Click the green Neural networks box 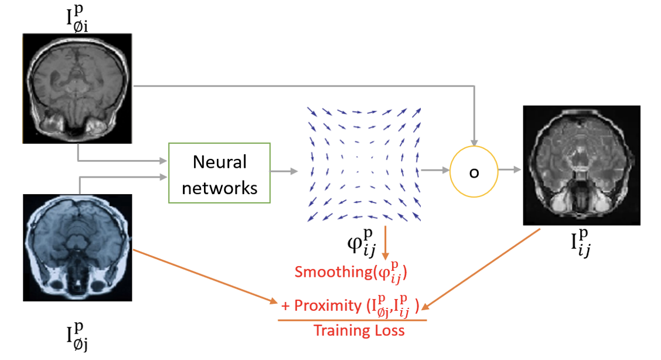coord(219,173)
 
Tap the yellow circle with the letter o coord(474,172)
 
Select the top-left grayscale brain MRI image coord(78,88)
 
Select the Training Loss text coord(359,331)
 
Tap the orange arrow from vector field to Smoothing coord(386,244)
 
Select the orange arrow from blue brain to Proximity coord(205,276)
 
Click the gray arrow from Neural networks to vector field coord(284,172)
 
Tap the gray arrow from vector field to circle coord(435,171)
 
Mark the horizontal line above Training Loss coord(352,320)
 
